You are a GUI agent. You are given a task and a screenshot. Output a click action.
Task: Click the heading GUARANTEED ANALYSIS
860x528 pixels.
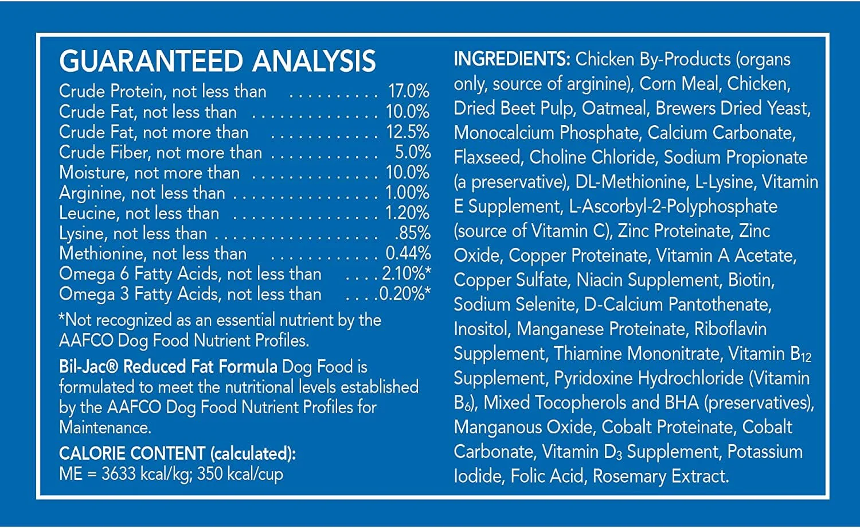click(217, 61)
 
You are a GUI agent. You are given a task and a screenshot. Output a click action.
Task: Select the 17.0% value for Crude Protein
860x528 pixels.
click(409, 91)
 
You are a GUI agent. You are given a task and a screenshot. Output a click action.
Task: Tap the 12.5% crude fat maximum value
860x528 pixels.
click(408, 132)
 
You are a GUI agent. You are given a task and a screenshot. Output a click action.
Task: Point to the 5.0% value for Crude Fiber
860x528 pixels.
click(413, 153)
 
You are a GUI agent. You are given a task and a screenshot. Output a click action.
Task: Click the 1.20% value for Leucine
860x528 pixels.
click(407, 213)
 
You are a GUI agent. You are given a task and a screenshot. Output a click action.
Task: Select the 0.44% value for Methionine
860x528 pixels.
click(408, 254)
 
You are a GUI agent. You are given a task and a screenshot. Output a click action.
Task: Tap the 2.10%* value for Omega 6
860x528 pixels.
click(406, 274)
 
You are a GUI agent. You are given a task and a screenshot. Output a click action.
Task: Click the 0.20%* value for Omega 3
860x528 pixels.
click(405, 294)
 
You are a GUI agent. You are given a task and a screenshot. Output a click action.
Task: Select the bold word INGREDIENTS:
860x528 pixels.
click(512, 59)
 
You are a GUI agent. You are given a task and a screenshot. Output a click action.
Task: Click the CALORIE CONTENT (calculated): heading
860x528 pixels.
click(178, 454)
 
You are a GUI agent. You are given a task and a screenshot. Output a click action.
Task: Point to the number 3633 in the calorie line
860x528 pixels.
click(119, 474)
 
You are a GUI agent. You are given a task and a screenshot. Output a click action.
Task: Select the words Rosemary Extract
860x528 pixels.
click(660, 476)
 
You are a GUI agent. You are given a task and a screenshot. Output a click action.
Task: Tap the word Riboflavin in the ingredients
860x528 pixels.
click(730, 329)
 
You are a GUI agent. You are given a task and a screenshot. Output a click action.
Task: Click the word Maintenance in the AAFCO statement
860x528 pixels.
click(105, 428)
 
